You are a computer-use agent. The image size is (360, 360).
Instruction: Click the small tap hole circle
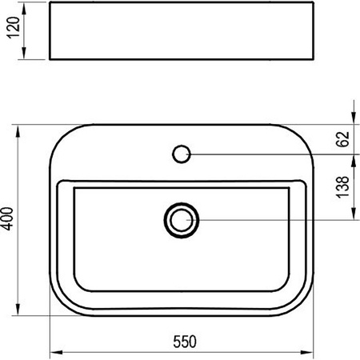point(182,152)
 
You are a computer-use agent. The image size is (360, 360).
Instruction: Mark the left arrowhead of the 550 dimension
point(54,351)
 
